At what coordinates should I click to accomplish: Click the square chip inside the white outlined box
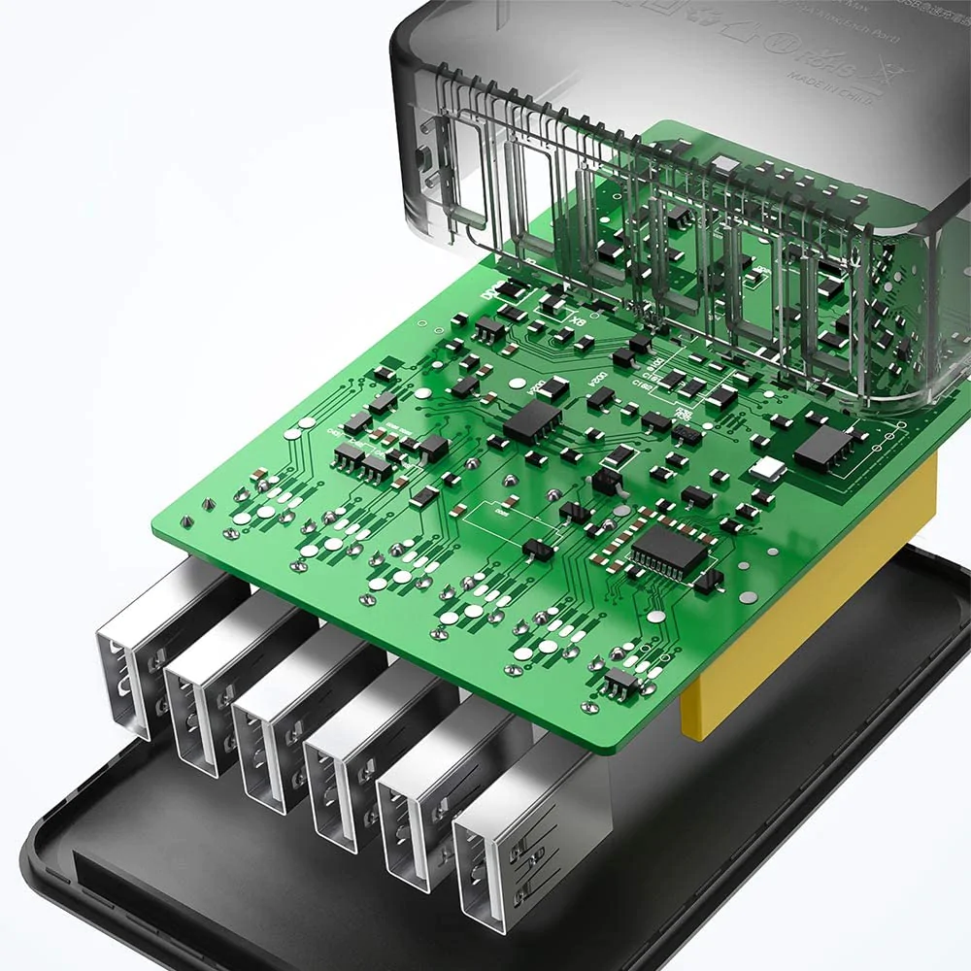click(x=822, y=447)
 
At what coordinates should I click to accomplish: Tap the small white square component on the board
click(x=768, y=470)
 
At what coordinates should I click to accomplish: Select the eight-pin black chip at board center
click(x=532, y=420)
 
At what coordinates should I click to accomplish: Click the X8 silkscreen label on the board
click(x=579, y=321)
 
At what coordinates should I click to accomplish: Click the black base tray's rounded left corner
click(x=49, y=845)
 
